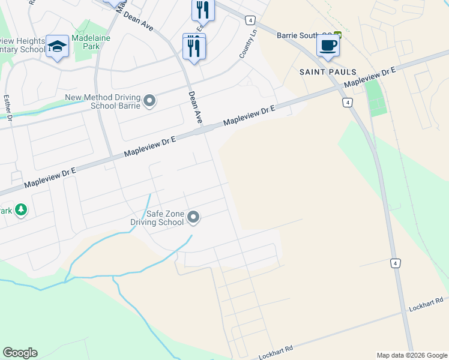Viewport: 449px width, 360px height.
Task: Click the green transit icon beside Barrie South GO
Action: (x=338, y=35)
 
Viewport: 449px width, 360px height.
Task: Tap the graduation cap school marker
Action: (x=57, y=47)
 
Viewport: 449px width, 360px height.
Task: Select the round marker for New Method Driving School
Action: (x=149, y=101)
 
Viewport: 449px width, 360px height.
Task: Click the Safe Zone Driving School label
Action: (x=157, y=218)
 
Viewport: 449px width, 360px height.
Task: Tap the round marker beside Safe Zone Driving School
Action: (x=193, y=217)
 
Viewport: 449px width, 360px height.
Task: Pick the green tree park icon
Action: (x=21, y=209)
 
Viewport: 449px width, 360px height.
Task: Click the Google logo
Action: (x=20, y=353)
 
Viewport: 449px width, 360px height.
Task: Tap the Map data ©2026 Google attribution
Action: (x=412, y=355)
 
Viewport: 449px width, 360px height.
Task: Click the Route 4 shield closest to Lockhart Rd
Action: (x=395, y=263)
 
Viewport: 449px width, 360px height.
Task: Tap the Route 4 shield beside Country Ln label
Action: (x=250, y=20)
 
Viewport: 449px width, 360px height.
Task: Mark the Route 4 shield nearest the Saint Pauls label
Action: (x=347, y=103)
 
